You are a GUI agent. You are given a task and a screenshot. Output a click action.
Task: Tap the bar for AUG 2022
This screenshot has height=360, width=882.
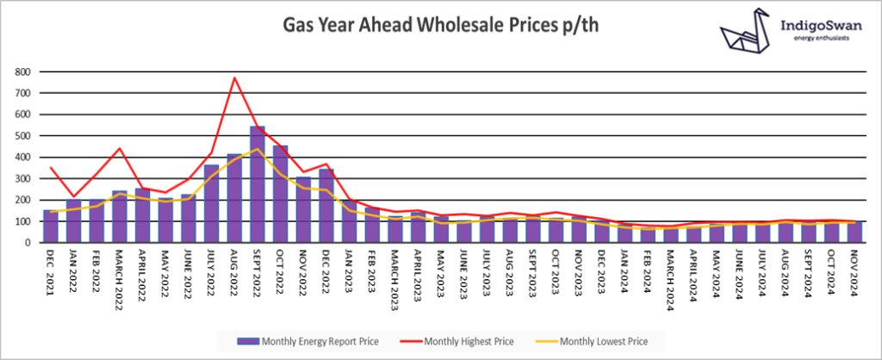pos(234,198)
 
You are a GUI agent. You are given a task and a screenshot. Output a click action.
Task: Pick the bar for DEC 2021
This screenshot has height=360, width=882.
pos(51,227)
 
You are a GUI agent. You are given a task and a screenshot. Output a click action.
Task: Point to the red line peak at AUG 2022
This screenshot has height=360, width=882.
pos(234,78)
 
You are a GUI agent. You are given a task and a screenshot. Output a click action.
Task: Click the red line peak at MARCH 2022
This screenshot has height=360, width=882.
pos(120,148)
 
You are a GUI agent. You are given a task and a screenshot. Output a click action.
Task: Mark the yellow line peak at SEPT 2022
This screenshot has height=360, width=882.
pos(258,149)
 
